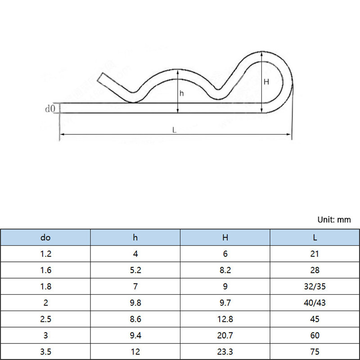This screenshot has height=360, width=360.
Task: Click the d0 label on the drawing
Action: (50, 108)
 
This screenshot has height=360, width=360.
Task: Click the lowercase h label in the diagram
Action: (182, 94)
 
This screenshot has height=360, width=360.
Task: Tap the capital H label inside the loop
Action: (266, 82)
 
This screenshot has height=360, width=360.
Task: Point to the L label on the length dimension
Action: (174, 130)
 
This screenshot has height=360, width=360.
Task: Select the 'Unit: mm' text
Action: (334, 220)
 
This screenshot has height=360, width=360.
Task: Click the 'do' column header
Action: (45, 238)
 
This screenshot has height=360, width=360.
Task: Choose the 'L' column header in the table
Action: (315, 238)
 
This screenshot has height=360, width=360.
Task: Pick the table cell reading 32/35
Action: (315, 286)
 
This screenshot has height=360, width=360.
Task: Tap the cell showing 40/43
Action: (315, 302)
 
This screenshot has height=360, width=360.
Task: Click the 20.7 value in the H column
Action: (225, 335)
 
